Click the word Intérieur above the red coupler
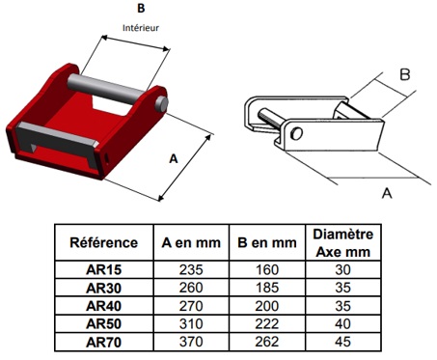coord(141,28)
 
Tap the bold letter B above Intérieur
coord(141,9)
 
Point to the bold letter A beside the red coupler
coord(174,158)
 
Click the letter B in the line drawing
coord(405,74)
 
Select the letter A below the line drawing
coord(387,193)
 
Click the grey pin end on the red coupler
coord(161,103)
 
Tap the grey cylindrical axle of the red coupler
coord(106,89)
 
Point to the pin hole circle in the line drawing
coord(296,132)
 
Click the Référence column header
coord(103,242)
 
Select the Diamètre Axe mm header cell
coord(342,243)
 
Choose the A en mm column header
coord(191,242)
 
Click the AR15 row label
coord(103,269)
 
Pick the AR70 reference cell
coord(103,342)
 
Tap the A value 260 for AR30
coord(191,288)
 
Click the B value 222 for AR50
coord(267,323)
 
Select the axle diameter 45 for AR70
coord(342,342)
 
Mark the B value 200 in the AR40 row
coord(267,306)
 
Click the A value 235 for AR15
coord(191,269)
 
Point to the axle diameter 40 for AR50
coord(342,323)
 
